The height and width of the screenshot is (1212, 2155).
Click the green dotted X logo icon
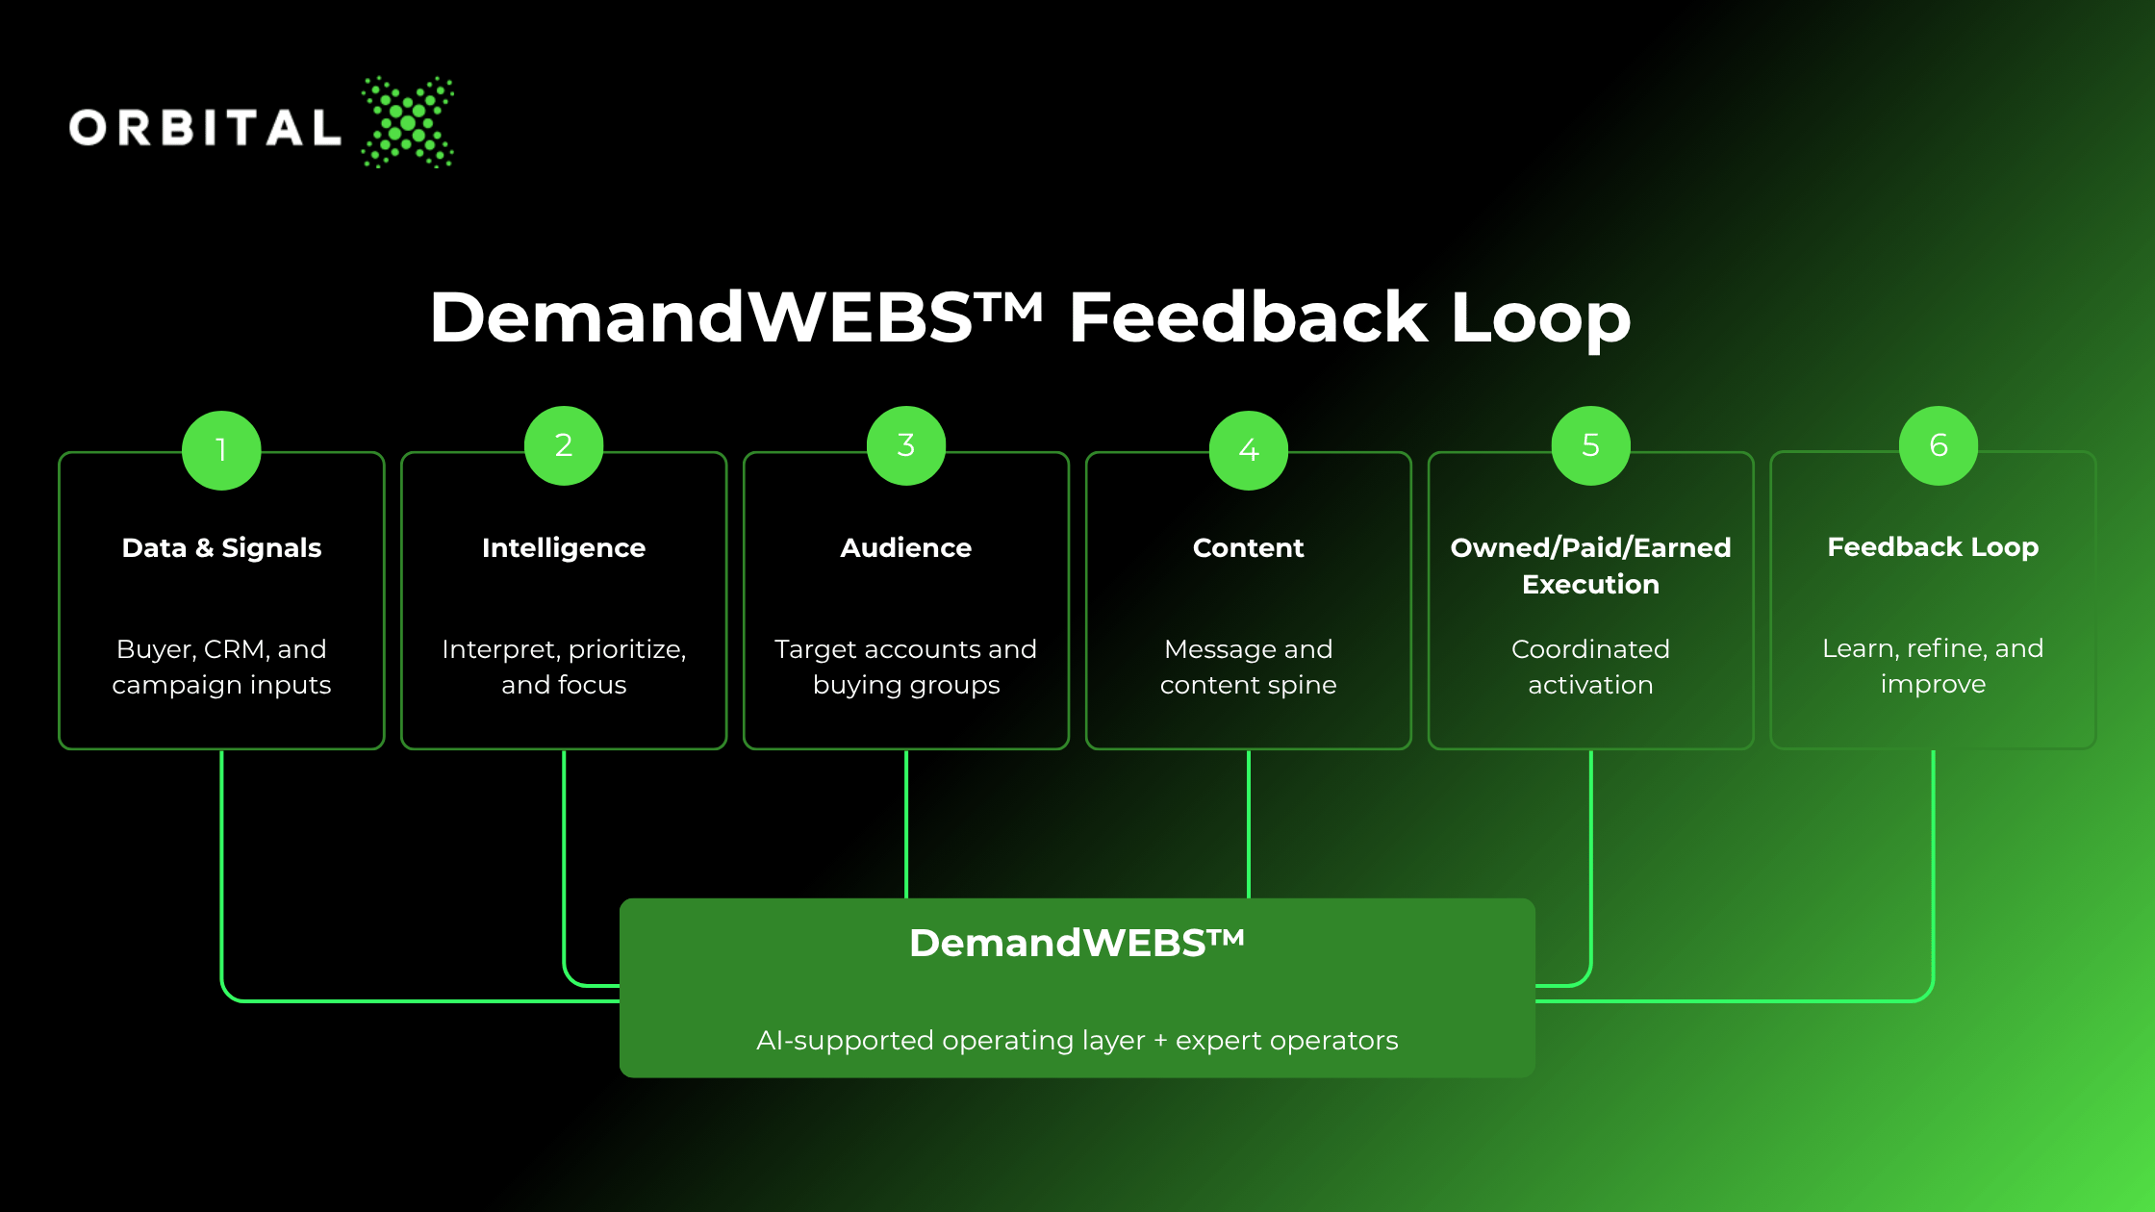407,122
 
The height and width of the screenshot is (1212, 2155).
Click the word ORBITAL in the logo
205,128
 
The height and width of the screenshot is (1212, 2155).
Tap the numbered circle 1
221,450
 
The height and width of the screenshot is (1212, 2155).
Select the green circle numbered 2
564,445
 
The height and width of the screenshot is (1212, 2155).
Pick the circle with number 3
906,445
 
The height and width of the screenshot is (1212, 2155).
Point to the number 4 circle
1249,450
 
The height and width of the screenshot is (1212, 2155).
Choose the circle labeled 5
1591,445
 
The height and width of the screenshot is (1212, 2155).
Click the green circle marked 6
1939,445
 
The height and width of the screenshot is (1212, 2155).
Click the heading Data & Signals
221,547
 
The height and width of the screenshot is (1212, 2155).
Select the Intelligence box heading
564,548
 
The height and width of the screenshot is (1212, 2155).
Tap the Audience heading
906,547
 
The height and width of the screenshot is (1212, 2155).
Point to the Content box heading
1249,547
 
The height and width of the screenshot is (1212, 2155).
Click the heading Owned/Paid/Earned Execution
1591,566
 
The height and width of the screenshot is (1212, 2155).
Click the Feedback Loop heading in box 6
1934,547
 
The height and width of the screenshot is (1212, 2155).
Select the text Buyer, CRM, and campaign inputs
221,667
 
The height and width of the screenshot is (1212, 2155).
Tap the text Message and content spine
1249,667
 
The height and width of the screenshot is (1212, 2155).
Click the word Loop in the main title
1541,318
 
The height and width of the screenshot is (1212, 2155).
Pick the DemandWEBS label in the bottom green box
1077,943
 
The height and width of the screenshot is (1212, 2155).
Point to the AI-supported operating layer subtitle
1077,1041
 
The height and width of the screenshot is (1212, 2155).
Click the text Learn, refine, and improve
1934,666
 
